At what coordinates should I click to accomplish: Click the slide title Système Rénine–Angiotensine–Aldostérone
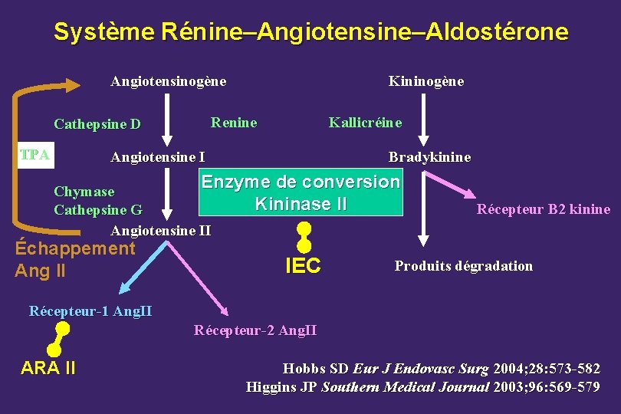[x=310, y=32]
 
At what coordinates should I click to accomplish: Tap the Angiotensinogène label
[x=168, y=81]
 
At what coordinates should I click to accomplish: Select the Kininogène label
[x=426, y=81]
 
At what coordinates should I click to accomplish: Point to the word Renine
[x=234, y=123]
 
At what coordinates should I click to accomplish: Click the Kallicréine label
[x=365, y=123]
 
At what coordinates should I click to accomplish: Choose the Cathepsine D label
[x=97, y=124]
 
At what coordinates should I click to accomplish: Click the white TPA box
[x=35, y=155]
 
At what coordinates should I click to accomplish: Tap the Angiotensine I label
[x=157, y=158]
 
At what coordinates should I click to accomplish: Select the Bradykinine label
[x=429, y=158]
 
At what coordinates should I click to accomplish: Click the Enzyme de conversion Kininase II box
[x=300, y=193]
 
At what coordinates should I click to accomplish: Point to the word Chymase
[x=84, y=192]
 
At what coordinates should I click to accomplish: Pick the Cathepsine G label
[x=97, y=209]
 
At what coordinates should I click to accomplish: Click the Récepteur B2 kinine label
[x=543, y=209]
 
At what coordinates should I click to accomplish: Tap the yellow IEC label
[x=303, y=266]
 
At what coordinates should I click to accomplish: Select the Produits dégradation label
[x=463, y=266]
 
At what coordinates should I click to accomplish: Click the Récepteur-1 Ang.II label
[x=90, y=311]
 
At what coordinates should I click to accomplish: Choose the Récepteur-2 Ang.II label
[x=255, y=330]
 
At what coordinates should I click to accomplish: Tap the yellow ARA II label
[x=48, y=368]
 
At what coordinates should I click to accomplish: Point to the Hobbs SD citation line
[x=441, y=369]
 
